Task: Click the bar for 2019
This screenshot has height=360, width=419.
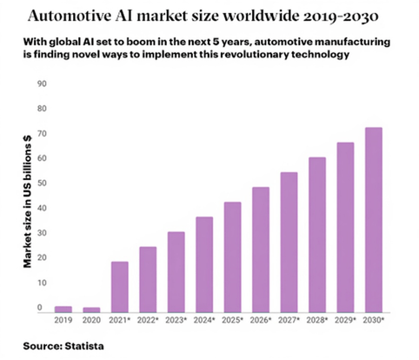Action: click(x=63, y=308)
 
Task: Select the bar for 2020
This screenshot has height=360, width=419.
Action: click(x=91, y=309)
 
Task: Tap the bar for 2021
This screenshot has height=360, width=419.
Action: click(x=120, y=286)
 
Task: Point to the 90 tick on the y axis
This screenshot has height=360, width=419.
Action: click(x=40, y=83)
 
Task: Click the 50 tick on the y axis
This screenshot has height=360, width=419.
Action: click(x=40, y=183)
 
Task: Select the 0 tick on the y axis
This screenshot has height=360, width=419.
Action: click(x=40, y=307)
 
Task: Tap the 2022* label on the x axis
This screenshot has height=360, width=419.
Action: click(x=149, y=322)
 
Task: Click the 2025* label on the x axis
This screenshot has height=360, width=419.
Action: click(x=233, y=322)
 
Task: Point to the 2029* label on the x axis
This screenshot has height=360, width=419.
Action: click(x=345, y=322)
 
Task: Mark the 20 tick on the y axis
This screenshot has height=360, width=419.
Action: click(x=40, y=257)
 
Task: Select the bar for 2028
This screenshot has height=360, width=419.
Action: click(x=317, y=233)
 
